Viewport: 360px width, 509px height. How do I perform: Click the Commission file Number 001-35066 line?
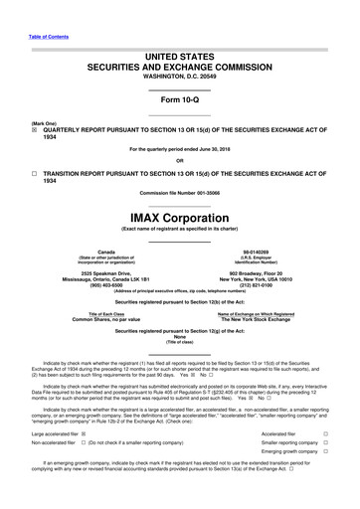pos(180,192)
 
